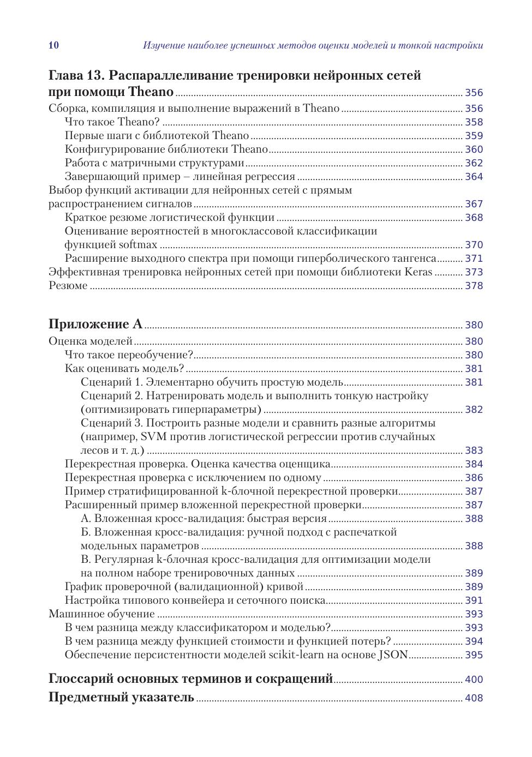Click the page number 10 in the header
(53, 45)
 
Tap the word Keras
(419, 272)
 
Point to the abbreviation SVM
(153, 437)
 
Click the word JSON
(393, 655)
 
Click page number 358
(474, 122)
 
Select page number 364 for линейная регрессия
(474, 177)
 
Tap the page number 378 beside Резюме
(474, 286)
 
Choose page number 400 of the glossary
(474, 680)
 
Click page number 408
(474, 698)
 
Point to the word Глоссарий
(81, 679)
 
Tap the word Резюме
(68, 286)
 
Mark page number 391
(474, 600)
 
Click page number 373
(474, 272)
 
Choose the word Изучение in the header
(162, 45)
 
